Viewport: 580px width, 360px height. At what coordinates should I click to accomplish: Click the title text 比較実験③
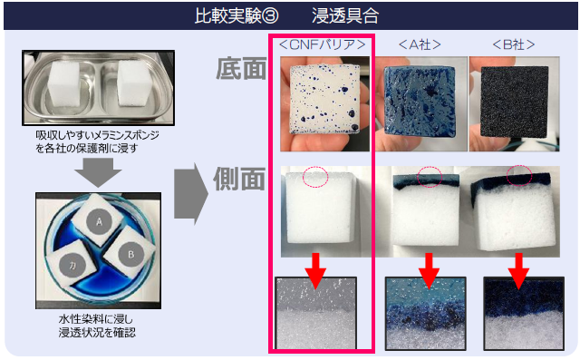pos(237,16)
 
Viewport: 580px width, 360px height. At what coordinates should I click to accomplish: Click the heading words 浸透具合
pos(344,16)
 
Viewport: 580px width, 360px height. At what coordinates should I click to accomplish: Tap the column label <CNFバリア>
pos(323,44)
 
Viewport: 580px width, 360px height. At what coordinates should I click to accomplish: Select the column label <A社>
pos(420,44)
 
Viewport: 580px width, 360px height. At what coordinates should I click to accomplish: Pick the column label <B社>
pos(514,44)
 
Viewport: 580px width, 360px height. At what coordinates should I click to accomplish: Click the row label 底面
pos(241,68)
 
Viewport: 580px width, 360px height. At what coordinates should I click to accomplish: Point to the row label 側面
pos(239,179)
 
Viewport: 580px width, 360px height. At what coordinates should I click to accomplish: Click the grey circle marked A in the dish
pos(99,221)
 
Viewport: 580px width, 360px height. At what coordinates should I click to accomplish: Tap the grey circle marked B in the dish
pos(130,254)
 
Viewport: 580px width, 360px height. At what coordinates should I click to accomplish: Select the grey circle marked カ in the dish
pos(72,265)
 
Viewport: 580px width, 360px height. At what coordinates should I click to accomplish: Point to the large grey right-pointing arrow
pos(191,194)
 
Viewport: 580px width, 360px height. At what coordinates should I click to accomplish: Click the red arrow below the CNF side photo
pos(315,271)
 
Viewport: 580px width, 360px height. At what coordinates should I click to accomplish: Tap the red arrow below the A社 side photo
pos(429,271)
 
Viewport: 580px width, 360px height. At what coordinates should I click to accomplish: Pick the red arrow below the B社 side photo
pos(518,271)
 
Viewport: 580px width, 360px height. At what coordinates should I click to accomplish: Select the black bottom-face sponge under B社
pos(514,102)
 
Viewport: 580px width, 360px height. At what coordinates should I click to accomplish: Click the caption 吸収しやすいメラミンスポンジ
pos(98,135)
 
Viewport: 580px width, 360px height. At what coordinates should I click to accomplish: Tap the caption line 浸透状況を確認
pos(97,332)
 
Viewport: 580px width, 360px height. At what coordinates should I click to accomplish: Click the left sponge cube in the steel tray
pos(64,84)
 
